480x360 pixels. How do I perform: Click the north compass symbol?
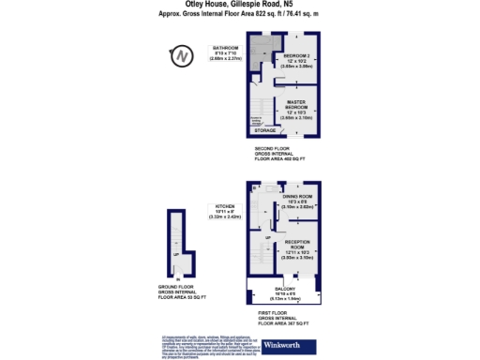[184, 59]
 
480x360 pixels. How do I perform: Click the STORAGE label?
[265, 131]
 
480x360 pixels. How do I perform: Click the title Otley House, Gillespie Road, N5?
[239, 5]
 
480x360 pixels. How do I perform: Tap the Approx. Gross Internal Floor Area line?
[239, 14]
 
